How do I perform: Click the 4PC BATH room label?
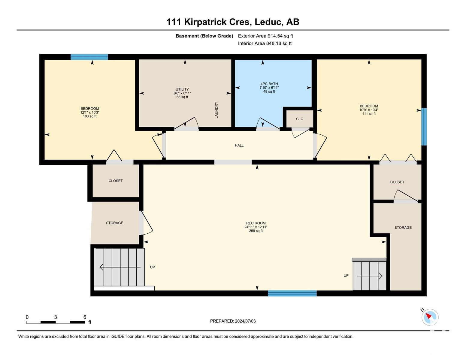[269, 84]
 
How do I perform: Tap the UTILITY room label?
[182, 89]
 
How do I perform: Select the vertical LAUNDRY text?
[216, 110]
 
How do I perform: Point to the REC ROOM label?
[256, 223]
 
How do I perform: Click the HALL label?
[239, 145]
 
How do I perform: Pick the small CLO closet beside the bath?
[300, 119]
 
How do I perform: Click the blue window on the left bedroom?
[89, 57]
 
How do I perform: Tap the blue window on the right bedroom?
[424, 127]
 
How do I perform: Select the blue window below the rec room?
[292, 293]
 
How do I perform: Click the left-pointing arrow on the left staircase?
[120, 267]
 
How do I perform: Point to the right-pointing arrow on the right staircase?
[370, 276]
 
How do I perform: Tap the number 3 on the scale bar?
[56, 317]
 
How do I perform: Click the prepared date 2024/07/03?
[245, 321]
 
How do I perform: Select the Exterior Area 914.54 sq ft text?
[265, 36]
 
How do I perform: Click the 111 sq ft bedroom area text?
[369, 114]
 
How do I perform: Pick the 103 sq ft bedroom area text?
[90, 116]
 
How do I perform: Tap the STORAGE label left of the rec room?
[114, 223]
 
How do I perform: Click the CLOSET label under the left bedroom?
[116, 181]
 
